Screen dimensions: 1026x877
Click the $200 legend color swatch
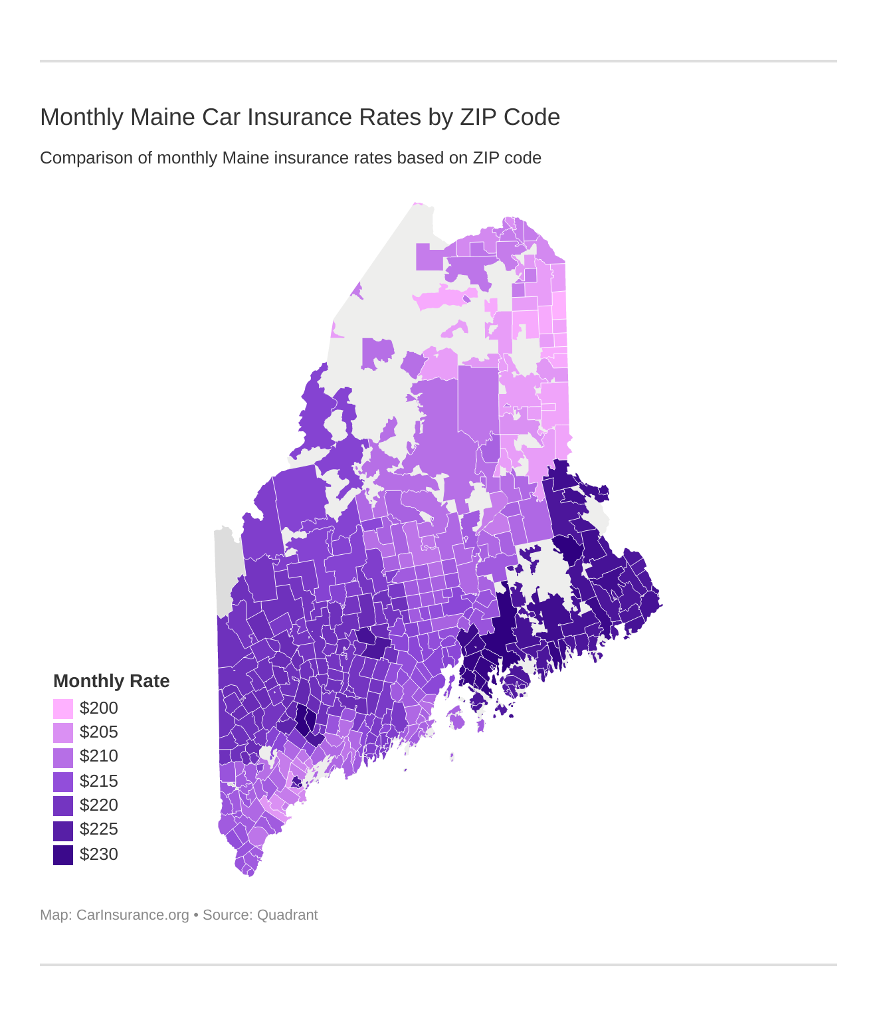63,708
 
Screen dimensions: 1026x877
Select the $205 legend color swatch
63,732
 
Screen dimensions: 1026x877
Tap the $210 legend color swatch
63,757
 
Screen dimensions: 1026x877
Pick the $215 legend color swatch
63,781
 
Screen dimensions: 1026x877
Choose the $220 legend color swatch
63,805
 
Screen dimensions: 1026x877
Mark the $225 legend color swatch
63,830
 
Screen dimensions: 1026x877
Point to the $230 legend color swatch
63,855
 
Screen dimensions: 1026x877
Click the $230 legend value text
99,855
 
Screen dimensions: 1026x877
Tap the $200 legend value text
99,708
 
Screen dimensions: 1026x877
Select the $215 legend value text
99,781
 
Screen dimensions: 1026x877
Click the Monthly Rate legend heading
111,681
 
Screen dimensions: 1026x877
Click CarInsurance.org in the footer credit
133,915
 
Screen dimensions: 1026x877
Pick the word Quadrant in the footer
287,915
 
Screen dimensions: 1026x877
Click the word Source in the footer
227,915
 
